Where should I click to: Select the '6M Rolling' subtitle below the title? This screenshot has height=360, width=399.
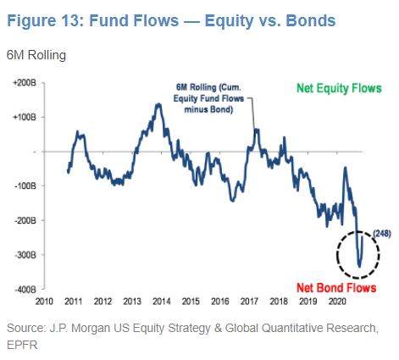click(x=37, y=56)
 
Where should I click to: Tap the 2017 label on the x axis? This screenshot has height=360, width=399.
click(x=248, y=301)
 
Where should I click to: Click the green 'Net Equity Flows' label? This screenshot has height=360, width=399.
click(x=339, y=88)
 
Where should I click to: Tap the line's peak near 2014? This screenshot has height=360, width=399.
click(x=158, y=104)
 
